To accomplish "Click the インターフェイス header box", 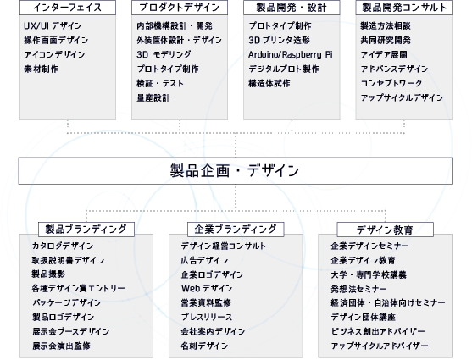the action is (x=68, y=8).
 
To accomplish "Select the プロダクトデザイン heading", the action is (x=180, y=8).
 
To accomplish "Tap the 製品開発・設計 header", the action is (x=292, y=8).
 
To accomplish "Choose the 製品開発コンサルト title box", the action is (x=404, y=8).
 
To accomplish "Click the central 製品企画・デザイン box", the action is (x=236, y=170).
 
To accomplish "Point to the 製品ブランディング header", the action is (x=86, y=230).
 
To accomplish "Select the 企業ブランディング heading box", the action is (x=236, y=230).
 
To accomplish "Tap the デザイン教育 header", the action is (x=386, y=230).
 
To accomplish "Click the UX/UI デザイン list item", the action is (x=53, y=26).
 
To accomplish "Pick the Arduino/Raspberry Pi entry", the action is (x=291, y=55).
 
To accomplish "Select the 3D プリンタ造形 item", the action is (x=279, y=41).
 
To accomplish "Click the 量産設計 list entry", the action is (x=153, y=97).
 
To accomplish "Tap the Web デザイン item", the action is (x=207, y=289).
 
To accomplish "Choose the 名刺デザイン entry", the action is (x=204, y=346).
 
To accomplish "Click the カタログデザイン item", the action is (x=63, y=246).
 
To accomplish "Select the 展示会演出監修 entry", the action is (x=61, y=346).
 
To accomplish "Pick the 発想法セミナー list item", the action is (x=358, y=289).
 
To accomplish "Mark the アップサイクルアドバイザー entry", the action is (x=380, y=346).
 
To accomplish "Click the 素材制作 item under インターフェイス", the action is (x=41, y=69).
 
